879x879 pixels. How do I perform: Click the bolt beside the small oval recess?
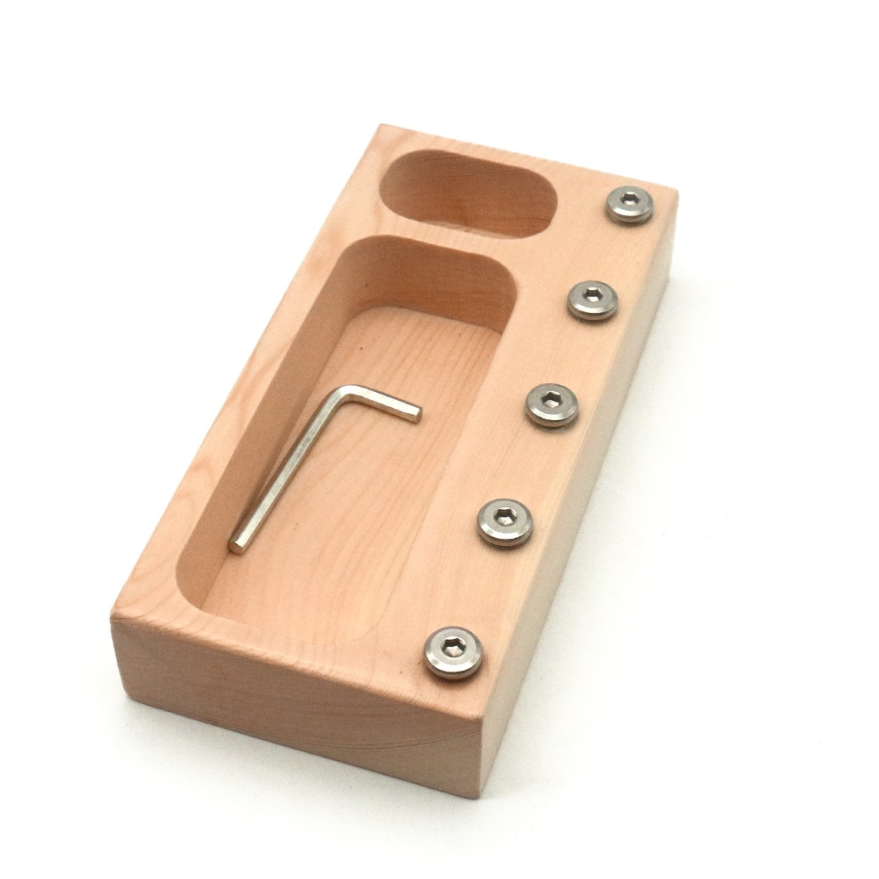pos(629,205)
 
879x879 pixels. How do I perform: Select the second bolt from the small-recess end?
pos(592,299)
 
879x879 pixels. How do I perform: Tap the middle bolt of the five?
pos(552,405)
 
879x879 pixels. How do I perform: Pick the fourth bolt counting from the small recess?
pos(505,522)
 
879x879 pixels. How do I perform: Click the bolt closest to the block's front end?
pos(453,652)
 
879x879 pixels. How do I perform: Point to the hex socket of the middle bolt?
pos(552,402)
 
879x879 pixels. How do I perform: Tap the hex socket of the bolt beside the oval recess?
pos(629,202)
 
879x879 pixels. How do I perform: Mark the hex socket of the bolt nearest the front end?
pos(453,649)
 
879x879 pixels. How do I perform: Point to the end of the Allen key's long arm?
pos(236,546)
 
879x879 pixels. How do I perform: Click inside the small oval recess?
pos(470,198)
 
